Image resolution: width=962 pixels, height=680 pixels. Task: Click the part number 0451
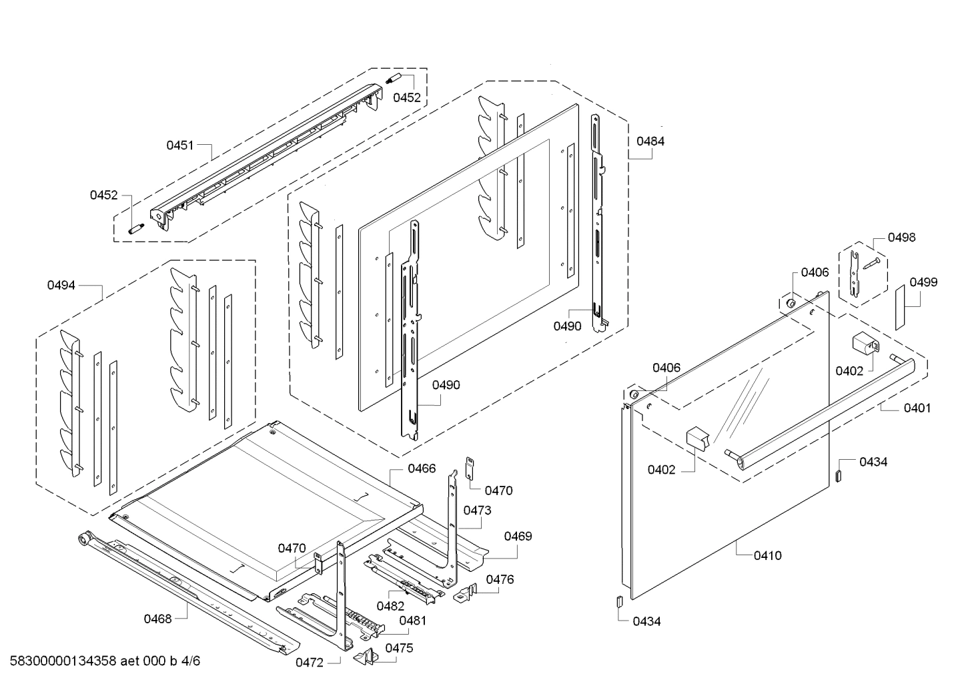[179, 145]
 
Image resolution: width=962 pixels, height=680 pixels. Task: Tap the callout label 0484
[650, 141]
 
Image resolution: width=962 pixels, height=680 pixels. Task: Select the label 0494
[61, 285]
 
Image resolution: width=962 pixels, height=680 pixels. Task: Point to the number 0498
[901, 237]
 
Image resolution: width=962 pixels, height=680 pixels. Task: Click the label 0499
[923, 282]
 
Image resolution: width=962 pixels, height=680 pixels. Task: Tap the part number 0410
[767, 555]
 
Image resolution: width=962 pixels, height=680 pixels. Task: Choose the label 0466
[422, 468]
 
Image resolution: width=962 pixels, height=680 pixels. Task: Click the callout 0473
[477, 511]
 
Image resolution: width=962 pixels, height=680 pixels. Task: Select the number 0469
[518, 536]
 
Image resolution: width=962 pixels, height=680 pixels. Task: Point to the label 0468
[157, 619]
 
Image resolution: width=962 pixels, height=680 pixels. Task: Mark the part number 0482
[390, 606]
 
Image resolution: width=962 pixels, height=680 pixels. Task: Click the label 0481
[412, 620]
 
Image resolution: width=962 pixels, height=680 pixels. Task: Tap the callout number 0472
[310, 663]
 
